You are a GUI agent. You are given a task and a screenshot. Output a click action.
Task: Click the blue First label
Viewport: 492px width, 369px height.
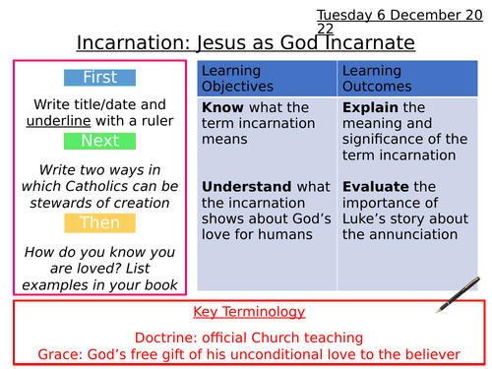pyautogui.click(x=99, y=78)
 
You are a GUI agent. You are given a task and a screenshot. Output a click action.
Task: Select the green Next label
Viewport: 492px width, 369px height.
pyautogui.click(x=99, y=142)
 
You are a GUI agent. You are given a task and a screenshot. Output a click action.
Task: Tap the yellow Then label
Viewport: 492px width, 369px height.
pyautogui.click(x=99, y=223)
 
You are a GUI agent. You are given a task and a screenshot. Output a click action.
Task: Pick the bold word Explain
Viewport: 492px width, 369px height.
pyautogui.click(x=370, y=107)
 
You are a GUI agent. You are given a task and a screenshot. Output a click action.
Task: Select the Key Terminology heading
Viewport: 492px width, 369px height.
pyautogui.click(x=249, y=312)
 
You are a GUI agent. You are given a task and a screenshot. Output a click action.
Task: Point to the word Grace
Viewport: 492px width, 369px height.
pyautogui.click(x=60, y=354)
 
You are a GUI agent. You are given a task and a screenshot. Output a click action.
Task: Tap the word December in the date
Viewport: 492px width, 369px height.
pyautogui.click(x=401, y=15)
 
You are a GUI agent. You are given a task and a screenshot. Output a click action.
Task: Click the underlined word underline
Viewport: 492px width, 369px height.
pyautogui.click(x=60, y=121)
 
